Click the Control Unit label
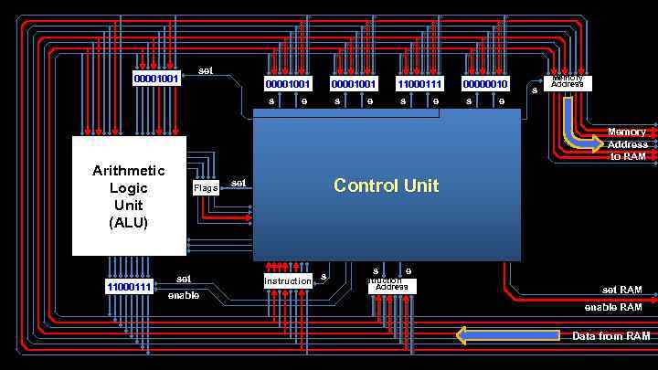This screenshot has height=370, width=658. [386, 185]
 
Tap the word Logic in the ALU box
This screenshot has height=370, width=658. [128, 187]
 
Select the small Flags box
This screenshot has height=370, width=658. [206, 188]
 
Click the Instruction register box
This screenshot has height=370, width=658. [288, 281]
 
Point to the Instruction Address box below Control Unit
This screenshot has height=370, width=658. [392, 286]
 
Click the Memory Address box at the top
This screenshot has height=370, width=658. [568, 83]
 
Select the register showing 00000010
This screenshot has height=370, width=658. [484, 84]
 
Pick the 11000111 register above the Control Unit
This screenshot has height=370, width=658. [419, 84]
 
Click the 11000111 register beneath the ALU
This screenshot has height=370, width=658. [130, 287]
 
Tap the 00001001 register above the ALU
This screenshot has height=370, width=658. [156, 79]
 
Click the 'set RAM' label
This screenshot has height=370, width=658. [621, 290]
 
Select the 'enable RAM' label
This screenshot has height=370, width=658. [613, 307]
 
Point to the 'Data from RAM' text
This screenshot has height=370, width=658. [611, 336]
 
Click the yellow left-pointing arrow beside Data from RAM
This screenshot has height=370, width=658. [507, 335]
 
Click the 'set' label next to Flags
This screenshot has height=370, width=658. [239, 183]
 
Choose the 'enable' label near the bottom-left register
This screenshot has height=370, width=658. [183, 295]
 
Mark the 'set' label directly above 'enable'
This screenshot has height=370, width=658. [184, 279]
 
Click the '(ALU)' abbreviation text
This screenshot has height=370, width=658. [128, 222]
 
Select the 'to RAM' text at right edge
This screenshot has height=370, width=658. [628, 156]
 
